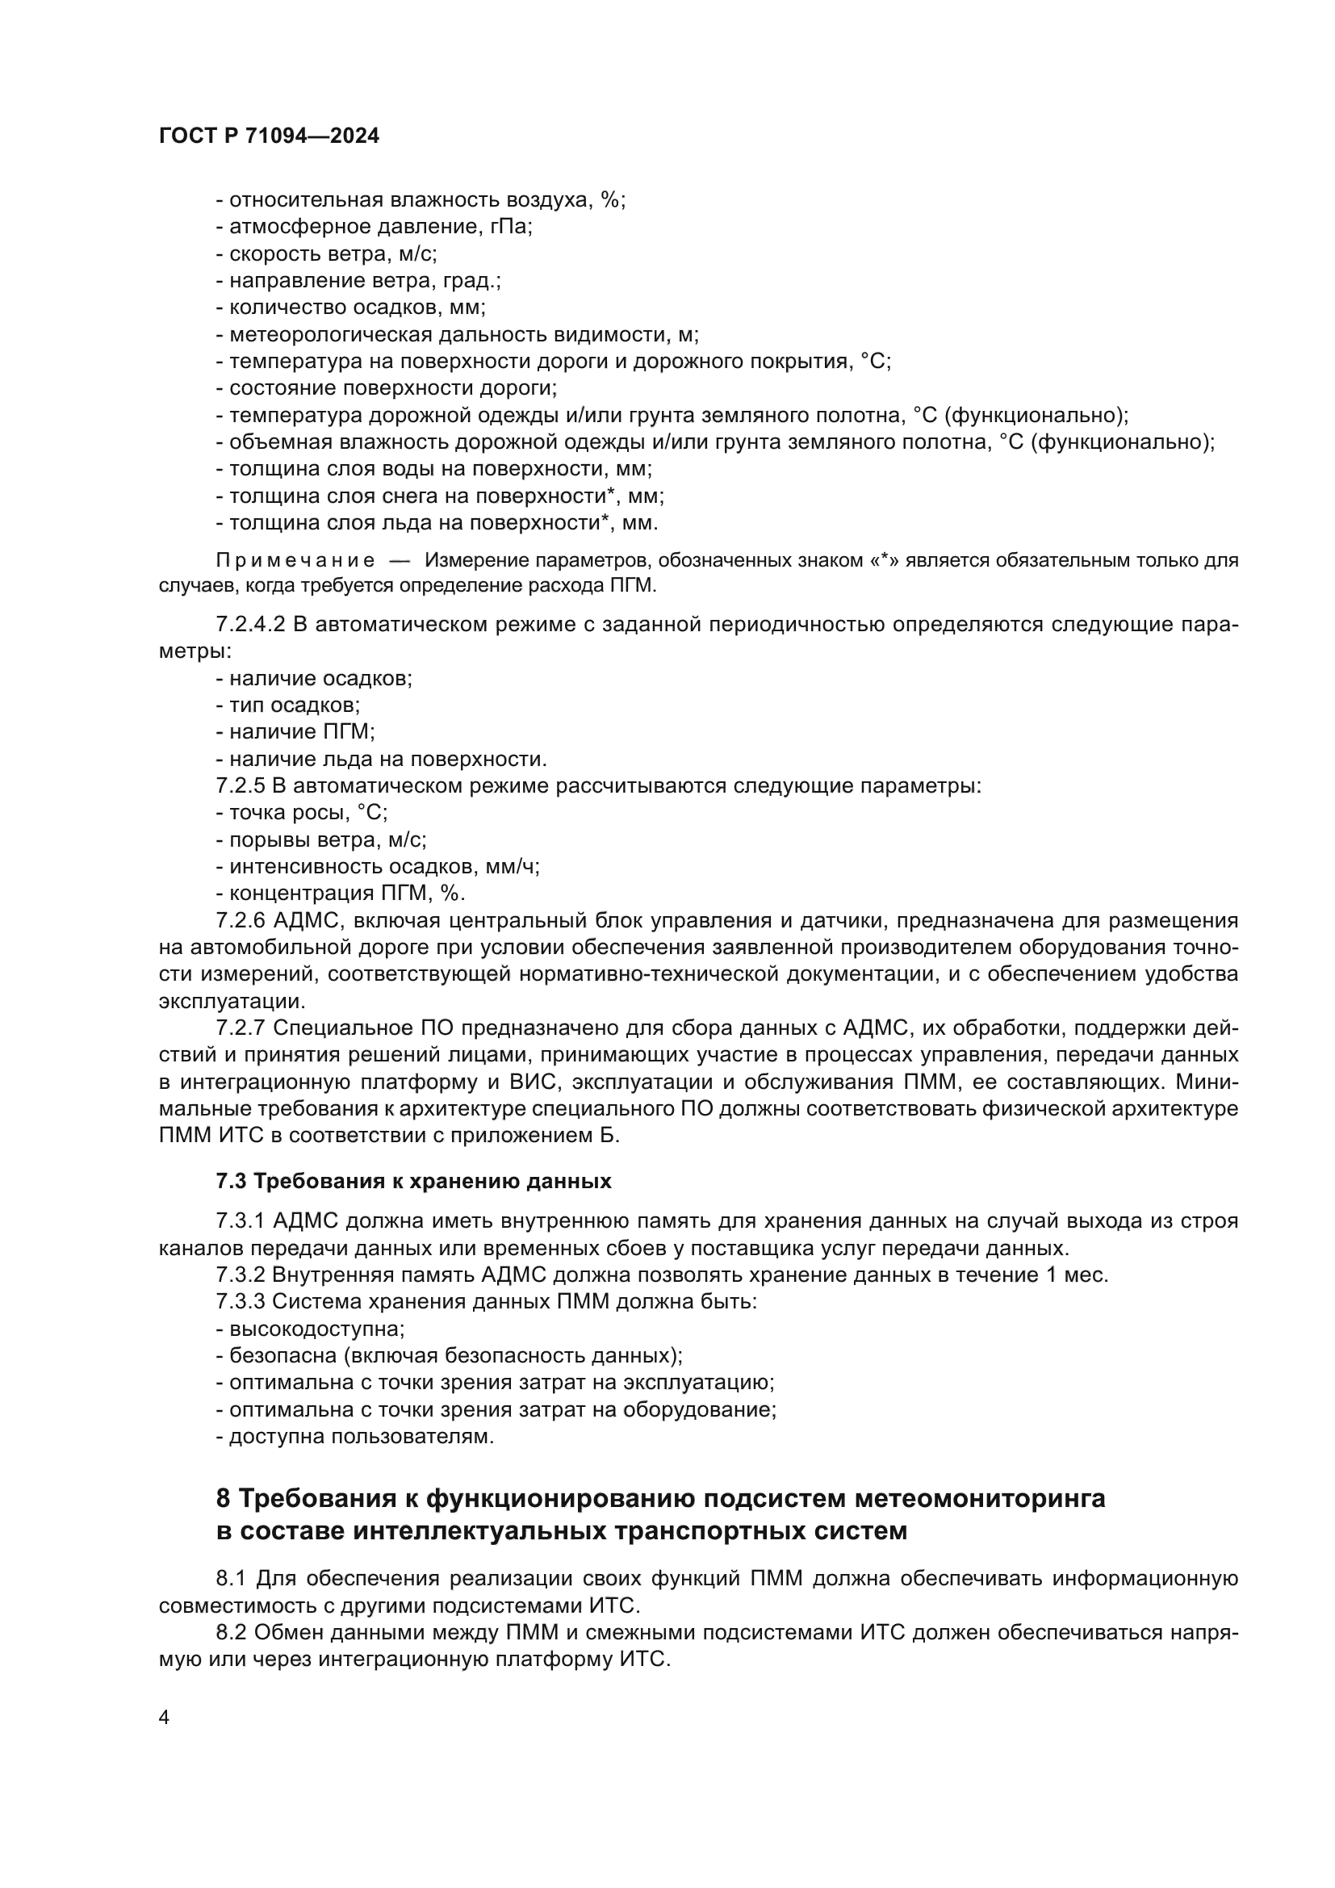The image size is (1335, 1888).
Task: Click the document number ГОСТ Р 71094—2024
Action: [x=269, y=136]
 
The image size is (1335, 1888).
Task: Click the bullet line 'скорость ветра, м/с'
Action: [x=327, y=253]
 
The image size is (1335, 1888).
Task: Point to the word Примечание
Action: [x=295, y=561]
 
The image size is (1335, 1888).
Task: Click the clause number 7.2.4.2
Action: [x=250, y=624]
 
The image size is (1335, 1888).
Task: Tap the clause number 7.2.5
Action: [x=241, y=785]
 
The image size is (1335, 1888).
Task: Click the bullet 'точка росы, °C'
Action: [x=302, y=813]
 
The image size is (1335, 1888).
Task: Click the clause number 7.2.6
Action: [x=241, y=920]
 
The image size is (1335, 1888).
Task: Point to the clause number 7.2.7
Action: [x=241, y=1028]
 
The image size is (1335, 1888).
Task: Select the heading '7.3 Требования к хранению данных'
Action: [x=413, y=1181]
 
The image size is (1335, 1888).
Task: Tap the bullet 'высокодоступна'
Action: [x=311, y=1329]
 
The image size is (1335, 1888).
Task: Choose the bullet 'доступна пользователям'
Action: [x=356, y=1437]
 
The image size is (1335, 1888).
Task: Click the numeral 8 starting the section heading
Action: [x=224, y=1499]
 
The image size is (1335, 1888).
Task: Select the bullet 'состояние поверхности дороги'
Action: [x=387, y=388]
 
